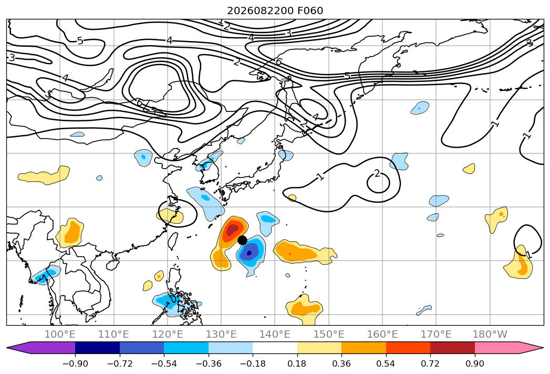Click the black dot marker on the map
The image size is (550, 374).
click(x=242, y=240)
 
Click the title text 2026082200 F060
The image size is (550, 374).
click(x=275, y=11)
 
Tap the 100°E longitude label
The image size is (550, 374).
click(x=60, y=335)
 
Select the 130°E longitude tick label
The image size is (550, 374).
click(x=221, y=335)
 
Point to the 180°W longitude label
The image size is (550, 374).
click(x=490, y=335)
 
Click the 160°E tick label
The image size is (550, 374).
click(x=382, y=335)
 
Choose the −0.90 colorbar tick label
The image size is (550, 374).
click(x=75, y=363)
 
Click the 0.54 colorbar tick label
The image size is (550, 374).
click(x=386, y=363)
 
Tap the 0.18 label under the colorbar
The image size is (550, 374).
click(x=297, y=363)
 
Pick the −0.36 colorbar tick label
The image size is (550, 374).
click(x=209, y=363)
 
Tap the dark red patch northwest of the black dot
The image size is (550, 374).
click(x=232, y=230)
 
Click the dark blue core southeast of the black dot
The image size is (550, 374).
click(x=249, y=252)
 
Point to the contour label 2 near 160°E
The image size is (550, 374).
click(x=377, y=173)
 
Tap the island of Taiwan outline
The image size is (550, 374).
click(x=172, y=241)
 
